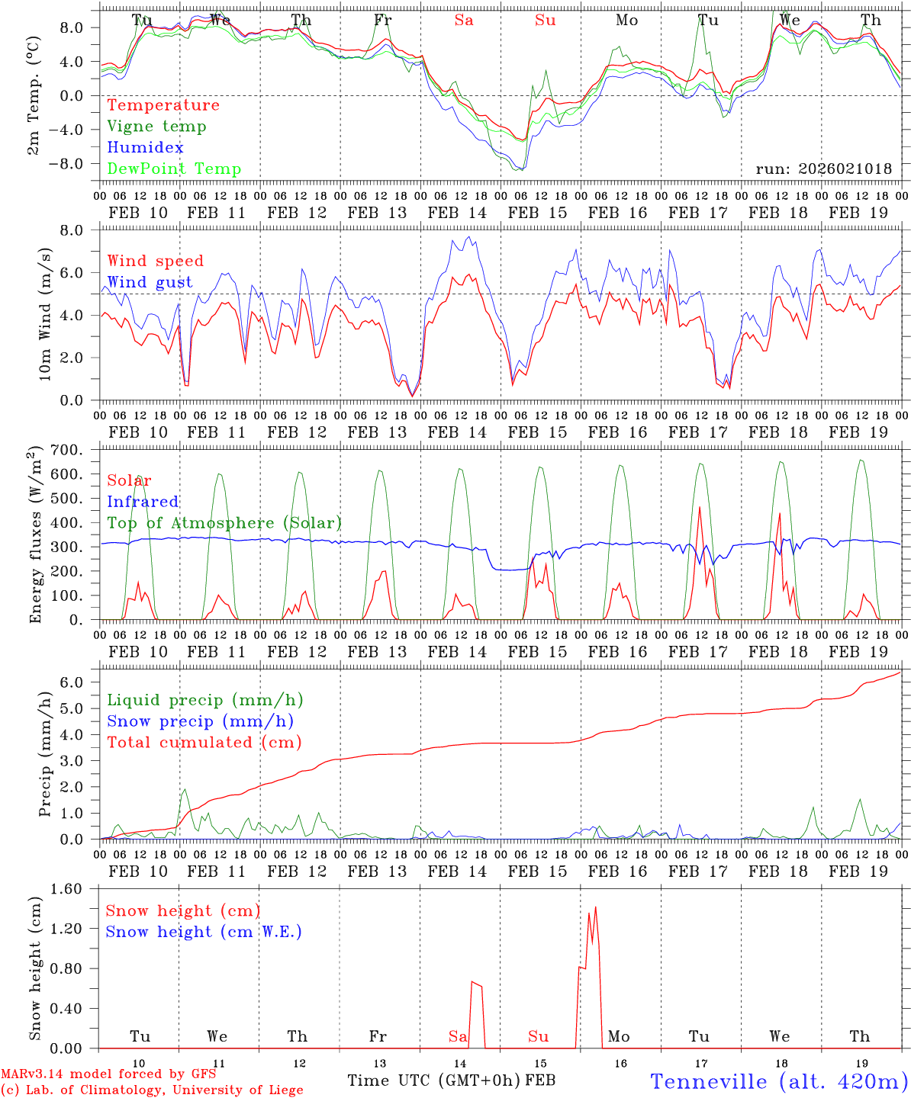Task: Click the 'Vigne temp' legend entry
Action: (156, 127)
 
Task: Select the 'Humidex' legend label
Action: (145, 148)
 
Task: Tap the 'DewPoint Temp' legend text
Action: (174, 169)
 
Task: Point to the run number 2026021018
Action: (824, 169)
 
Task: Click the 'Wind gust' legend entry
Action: (150, 282)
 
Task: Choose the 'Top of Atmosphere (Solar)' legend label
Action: (224, 523)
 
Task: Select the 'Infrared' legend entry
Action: (143, 502)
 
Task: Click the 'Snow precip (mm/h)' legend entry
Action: (201, 721)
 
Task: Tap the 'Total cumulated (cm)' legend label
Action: (204, 743)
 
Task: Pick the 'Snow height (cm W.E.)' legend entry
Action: (204, 932)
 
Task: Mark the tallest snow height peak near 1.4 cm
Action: (595, 907)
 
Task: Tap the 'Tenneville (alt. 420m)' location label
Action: (778, 1081)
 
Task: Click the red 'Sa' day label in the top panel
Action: (464, 21)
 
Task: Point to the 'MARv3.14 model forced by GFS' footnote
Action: (108, 1074)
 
